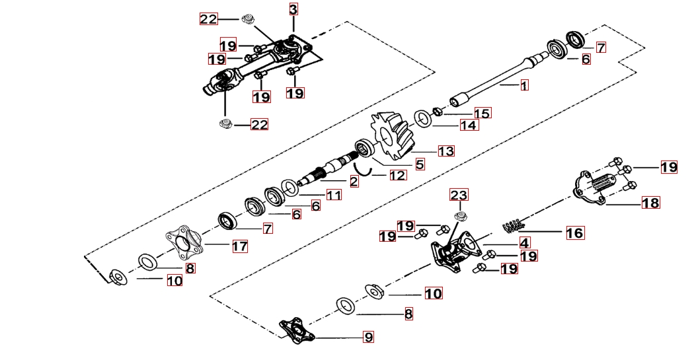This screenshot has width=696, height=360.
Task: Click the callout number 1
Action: click(x=524, y=85)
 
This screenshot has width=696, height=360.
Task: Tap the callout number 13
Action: click(x=445, y=151)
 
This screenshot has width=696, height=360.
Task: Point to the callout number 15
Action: click(x=482, y=114)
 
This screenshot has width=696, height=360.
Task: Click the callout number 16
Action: click(x=574, y=233)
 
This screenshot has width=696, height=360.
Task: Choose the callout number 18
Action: click(x=650, y=203)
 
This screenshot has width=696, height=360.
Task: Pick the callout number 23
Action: click(x=459, y=195)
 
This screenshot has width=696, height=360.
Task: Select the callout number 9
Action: click(x=368, y=338)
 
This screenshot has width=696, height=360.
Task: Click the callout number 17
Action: click(x=239, y=246)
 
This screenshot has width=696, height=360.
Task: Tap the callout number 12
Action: click(x=397, y=176)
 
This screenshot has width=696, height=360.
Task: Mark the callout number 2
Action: click(x=354, y=181)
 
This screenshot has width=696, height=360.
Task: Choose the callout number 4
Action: click(x=524, y=242)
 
